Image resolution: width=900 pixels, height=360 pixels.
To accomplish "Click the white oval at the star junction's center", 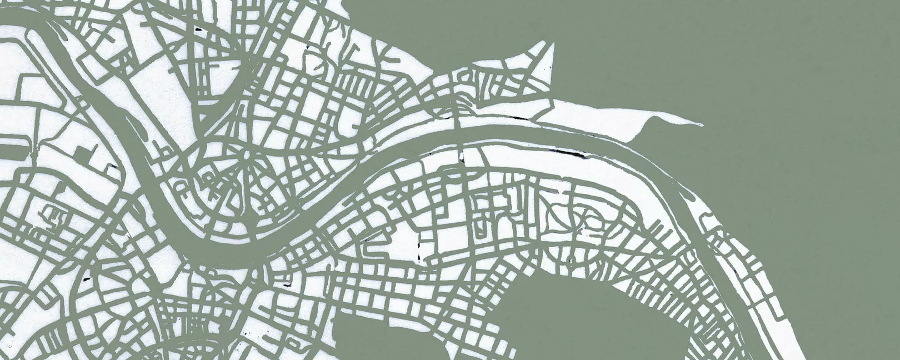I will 244,152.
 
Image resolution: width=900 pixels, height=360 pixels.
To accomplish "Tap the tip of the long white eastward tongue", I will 701,124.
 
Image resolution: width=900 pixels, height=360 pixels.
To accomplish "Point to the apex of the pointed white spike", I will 552,43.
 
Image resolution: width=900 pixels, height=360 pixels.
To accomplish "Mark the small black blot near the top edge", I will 198,28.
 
